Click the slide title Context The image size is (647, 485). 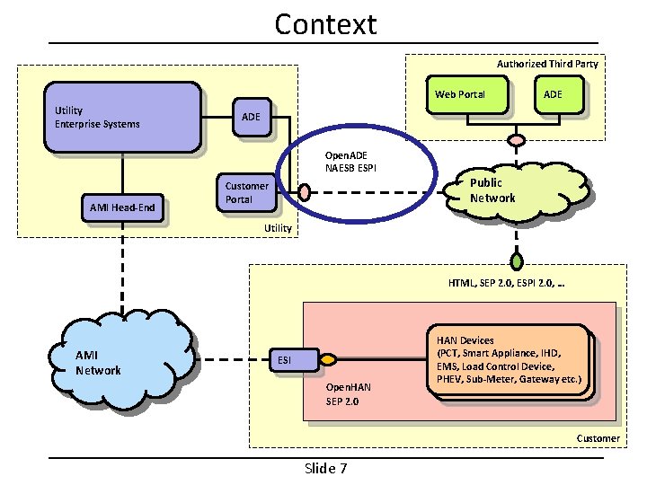(325, 24)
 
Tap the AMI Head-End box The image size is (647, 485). (123, 208)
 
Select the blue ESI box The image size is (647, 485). (285, 360)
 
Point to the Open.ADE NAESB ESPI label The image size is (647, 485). (345, 162)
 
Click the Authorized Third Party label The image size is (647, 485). (546, 64)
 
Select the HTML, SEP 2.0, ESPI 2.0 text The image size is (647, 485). (511, 283)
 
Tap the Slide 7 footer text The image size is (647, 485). (325, 468)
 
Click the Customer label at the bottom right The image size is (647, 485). (598, 438)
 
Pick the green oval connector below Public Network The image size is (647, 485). (517, 262)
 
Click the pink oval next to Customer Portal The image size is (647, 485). (305, 191)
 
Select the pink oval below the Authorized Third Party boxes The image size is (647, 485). (517, 140)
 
